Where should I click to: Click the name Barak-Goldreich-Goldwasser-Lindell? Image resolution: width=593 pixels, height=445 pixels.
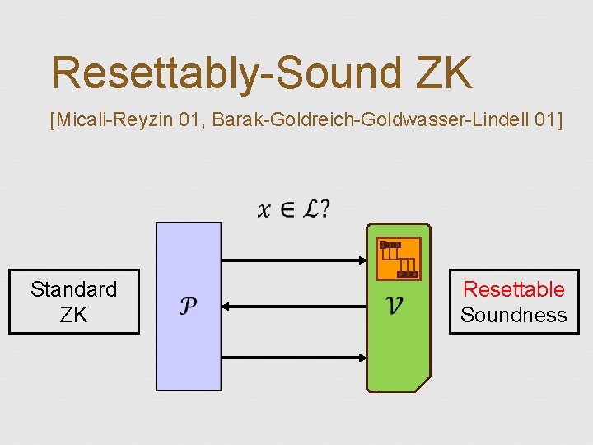[x=371, y=121]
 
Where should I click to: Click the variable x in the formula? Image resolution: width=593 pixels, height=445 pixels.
[x=264, y=211]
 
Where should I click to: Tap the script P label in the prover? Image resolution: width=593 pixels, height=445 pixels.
[x=188, y=307]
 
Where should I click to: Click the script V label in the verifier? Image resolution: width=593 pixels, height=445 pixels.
[x=395, y=307]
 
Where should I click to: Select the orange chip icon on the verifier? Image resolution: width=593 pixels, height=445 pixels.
[x=399, y=259]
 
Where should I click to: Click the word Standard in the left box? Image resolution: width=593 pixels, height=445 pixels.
[x=74, y=289]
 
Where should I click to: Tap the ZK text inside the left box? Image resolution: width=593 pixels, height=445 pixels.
[x=73, y=315]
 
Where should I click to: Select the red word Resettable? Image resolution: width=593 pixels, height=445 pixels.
[x=514, y=289]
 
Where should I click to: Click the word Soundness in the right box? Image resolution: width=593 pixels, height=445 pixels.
[x=514, y=315]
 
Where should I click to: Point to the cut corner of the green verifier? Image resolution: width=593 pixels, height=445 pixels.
[x=423, y=385]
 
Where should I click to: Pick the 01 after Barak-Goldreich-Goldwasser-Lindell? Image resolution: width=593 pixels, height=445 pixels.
[x=544, y=121]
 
